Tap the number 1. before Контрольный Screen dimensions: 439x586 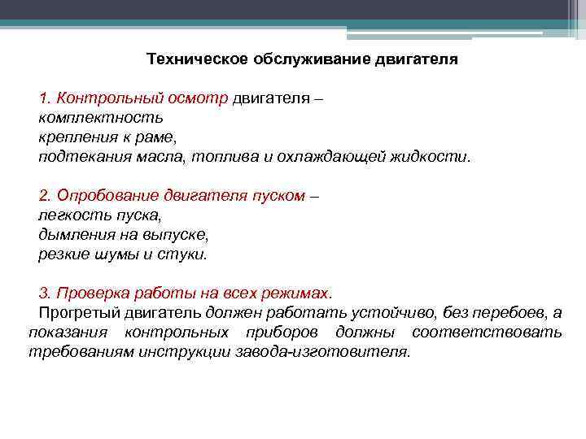click(45, 99)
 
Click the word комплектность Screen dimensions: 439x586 click(90, 118)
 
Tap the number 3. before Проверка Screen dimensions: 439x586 click(45, 292)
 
